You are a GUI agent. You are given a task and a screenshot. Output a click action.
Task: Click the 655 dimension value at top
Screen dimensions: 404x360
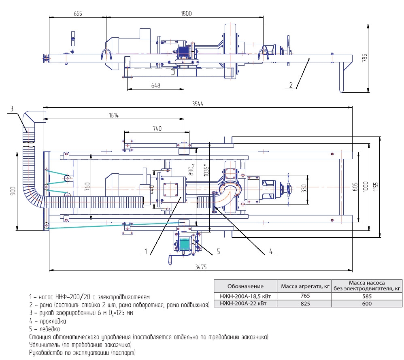point(78,13)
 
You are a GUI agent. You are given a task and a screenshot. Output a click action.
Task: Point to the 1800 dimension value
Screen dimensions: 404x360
point(186,13)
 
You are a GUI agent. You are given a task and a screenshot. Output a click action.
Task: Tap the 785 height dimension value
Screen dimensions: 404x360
point(365,58)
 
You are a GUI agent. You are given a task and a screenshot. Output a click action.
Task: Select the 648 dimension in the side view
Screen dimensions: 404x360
point(155,85)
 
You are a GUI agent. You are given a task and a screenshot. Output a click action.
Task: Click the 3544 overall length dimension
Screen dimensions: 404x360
point(198,104)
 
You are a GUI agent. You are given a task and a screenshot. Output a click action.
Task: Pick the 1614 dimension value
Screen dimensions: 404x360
point(114,115)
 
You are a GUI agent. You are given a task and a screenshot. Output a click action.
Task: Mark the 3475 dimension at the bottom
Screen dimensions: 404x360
point(200,267)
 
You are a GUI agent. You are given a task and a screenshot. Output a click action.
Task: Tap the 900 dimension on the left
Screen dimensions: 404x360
point(13,191)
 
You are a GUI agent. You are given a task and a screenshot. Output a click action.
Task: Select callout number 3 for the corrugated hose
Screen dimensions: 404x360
point(12,109)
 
